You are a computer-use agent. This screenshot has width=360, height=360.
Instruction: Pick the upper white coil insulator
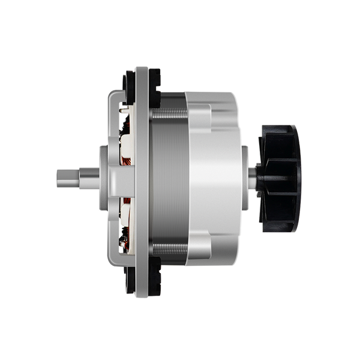click(129, 135)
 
